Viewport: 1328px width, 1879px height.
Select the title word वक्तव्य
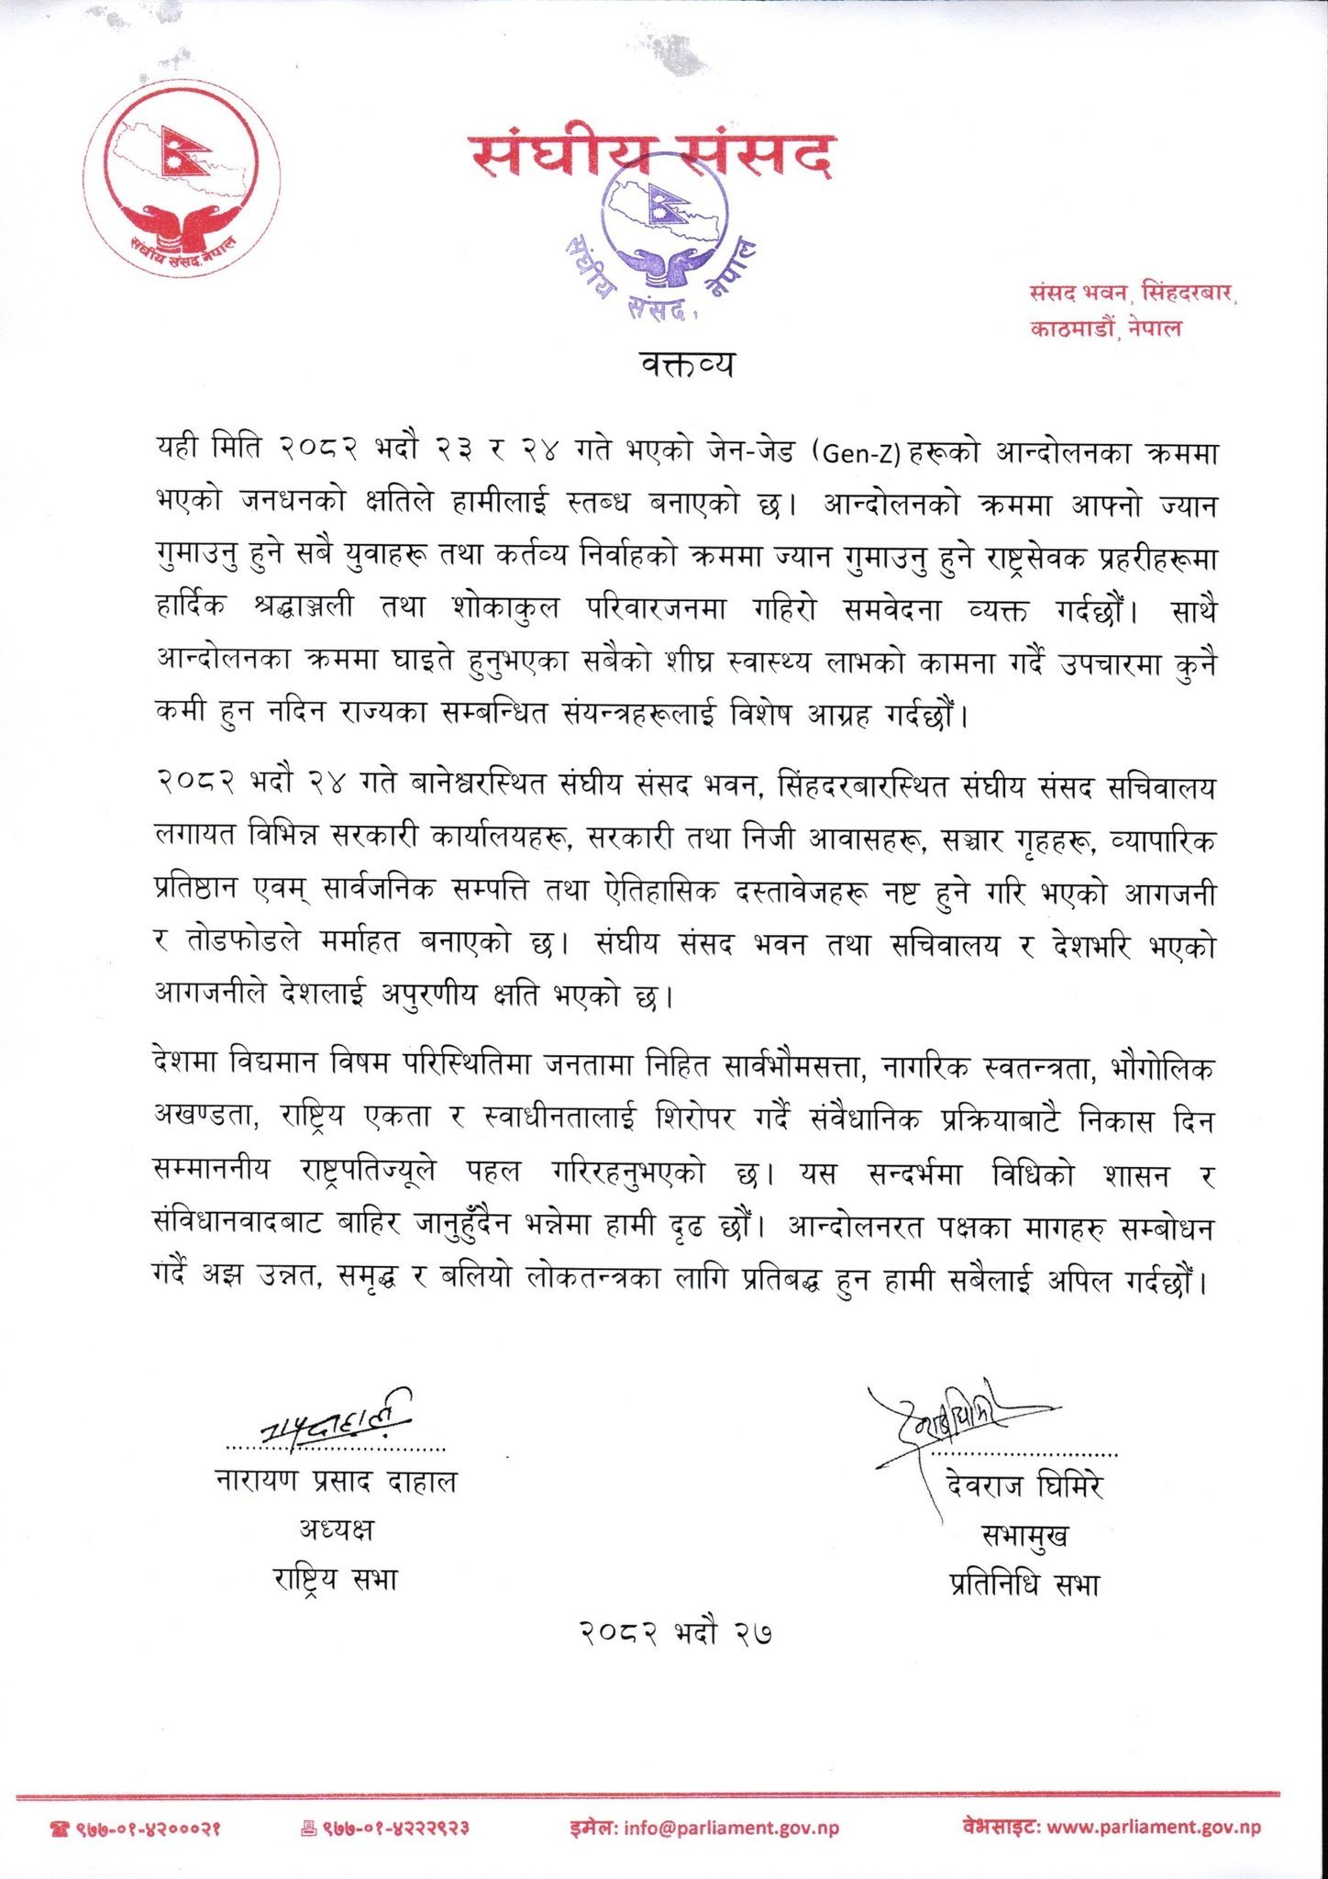tap(688, 365)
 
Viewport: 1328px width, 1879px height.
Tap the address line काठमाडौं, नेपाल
tap(1105, 328)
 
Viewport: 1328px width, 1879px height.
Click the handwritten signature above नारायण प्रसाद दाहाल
tap(335, 1423)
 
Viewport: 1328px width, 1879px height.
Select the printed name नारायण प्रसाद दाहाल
tap(336, 1481)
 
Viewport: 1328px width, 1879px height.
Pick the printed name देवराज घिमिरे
tap(1024, 1484)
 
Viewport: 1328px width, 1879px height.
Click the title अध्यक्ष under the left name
tap(336, 1529)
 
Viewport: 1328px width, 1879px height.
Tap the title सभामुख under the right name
tap(1024, 1535)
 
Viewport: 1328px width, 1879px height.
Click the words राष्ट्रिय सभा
tap(336, 1579)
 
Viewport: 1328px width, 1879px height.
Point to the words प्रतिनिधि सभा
tap(1024, 1584)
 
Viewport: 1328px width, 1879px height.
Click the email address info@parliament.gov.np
tap(731, 1828)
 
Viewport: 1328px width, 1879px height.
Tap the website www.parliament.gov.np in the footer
tap(1153, 1827)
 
